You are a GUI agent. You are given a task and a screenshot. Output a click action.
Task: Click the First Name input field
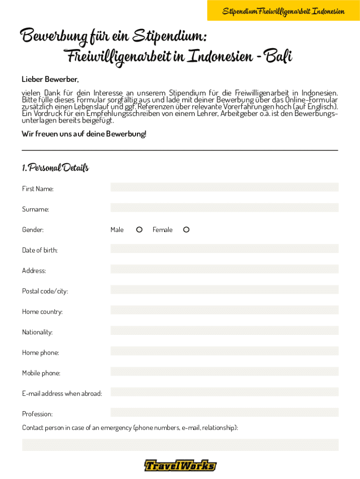pyautogui.click(x=224, y=187)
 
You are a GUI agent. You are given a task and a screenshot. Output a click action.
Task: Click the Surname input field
pyautogui.click(x=224, y=208)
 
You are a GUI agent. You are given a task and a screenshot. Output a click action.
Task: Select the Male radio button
pyautogui.click(x=139, y=230)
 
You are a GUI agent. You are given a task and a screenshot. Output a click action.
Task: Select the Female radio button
pyautogui.click(x=186, y=230)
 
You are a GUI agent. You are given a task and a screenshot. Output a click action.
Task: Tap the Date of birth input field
pyautogui.click(x=224, y=248)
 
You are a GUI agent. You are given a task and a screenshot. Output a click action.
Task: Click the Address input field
pyautogui.click(x=224, y=269)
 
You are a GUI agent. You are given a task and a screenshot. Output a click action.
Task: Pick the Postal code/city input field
pyautogui.click(x=224, y=290)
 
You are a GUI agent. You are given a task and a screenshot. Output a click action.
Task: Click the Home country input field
pyautogui.click(x=224, y=310)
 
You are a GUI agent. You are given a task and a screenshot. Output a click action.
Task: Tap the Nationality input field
pyautogui.click(x=224, y=331)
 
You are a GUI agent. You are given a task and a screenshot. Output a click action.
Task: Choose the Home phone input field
pyautogui.click(x=224, y=351)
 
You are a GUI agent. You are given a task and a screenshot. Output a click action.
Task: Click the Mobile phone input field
pyautogui.click(x=224, y=371)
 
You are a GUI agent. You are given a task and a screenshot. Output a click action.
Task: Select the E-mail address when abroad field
pyautogui.click(x=224, y=392)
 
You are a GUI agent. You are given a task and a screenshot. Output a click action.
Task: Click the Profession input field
pyautogui.click(x=224, y=413)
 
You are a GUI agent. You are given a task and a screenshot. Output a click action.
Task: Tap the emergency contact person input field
pyautogui.click(x=180, y=445)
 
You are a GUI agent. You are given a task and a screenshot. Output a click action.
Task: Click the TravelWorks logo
pyautogui.click(x=180, y=465)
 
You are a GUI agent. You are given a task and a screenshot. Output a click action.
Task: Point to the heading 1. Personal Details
pyautogui.click(x=55, y=167)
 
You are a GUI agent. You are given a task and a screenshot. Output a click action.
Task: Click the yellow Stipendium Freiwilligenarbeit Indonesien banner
pyautogui.click(x=283, y=11)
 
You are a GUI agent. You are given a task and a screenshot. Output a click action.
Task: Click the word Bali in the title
pyautogui.click(x=278, y=57)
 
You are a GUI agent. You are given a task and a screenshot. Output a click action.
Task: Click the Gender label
pyautogui.click(x=33, y=230)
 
